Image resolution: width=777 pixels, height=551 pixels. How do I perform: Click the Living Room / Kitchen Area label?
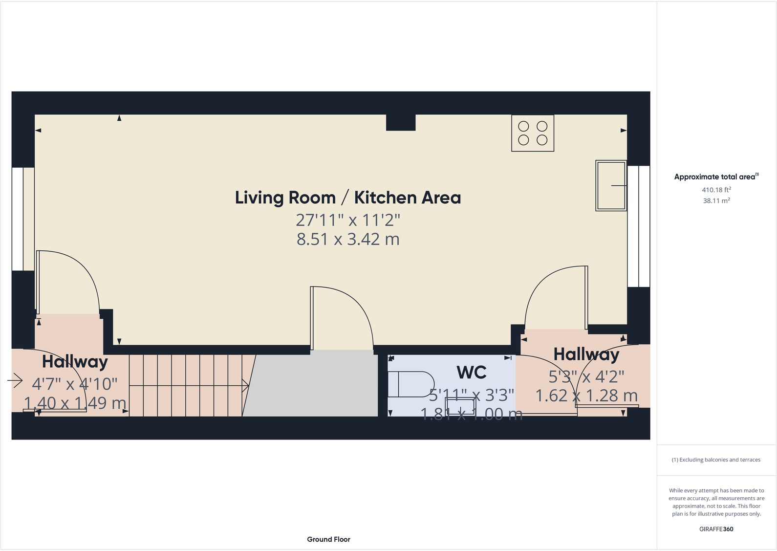tap(347, 198)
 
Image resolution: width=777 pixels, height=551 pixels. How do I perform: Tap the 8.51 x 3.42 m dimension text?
tap(347, 239)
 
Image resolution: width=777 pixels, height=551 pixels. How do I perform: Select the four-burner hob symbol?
tap(532, 133)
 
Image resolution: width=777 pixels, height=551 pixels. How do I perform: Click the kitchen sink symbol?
tap(610, 185)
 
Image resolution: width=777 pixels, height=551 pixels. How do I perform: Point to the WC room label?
tap(471, 373)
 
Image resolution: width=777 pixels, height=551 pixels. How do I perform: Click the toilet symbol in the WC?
tap(410, 384)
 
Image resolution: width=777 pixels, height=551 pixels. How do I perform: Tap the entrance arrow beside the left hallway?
tap(15, 380)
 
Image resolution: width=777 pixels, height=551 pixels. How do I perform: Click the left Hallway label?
tap(75, 362)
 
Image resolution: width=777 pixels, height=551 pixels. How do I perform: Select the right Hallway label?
tap(586, 354)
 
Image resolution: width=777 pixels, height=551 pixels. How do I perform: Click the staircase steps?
tap(186, 386)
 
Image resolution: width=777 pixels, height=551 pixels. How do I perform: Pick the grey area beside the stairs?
tap(313, 386)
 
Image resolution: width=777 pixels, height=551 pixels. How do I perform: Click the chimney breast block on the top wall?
tap(401, 122)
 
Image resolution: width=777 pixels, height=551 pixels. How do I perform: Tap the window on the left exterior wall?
tap(17, 219)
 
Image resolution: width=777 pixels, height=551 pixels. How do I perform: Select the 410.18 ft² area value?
tap(716, 190)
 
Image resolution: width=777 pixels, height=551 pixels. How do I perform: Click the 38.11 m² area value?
tap(716, 200)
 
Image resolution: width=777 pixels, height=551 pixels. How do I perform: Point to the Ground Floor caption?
tap(328, 539)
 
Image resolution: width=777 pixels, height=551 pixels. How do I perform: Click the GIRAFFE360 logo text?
tap(716, 529)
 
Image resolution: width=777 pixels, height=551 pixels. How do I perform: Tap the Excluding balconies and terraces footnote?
tap(716, 460)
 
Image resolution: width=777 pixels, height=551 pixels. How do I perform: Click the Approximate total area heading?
tap(715, 177)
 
